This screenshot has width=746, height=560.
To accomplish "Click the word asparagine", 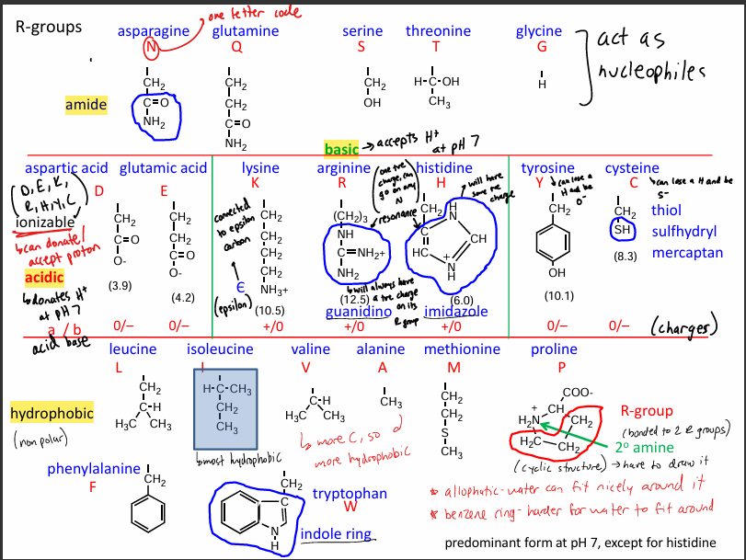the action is click(x=153, y=31).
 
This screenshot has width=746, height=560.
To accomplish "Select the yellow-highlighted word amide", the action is click(x=86, y=105).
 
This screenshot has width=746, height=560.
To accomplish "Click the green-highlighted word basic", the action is click(x=340, y=148).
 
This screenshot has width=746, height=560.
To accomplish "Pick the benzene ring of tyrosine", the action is click(x=553, y=243).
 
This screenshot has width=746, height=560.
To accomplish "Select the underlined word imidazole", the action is click(x=456, y=312).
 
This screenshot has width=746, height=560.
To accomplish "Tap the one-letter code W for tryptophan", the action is click(x=349, y=506).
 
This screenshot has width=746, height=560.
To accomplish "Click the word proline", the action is click(x=555, y=349).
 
